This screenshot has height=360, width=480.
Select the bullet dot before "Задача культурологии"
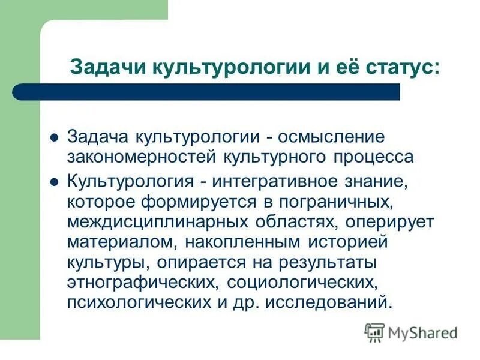pyautogui.click(x=53, y=137)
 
